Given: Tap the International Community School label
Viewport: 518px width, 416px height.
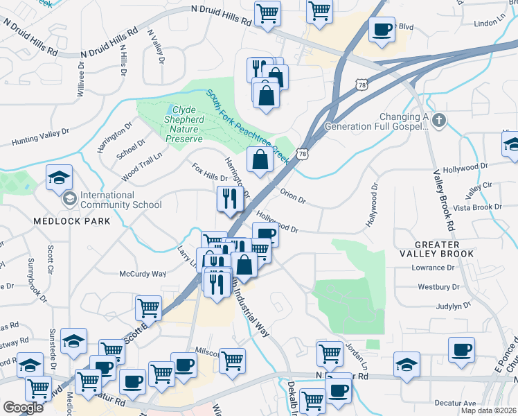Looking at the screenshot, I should [x=120, y=200].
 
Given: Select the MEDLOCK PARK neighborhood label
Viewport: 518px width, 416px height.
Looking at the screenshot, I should [x=71, y=221].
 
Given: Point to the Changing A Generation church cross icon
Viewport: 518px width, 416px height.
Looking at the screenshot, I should [x=437, y=122].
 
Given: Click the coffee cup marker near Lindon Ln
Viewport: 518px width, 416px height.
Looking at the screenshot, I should [x=382, y=29].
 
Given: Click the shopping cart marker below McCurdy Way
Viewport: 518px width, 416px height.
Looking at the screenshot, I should [x=148, y=307].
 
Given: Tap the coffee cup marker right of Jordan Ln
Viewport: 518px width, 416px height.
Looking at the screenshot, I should [x=461, y=350].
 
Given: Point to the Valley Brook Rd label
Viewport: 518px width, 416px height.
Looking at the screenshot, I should [x=444, y=200].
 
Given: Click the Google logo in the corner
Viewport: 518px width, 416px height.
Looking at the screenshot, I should [x=24, y=408].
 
